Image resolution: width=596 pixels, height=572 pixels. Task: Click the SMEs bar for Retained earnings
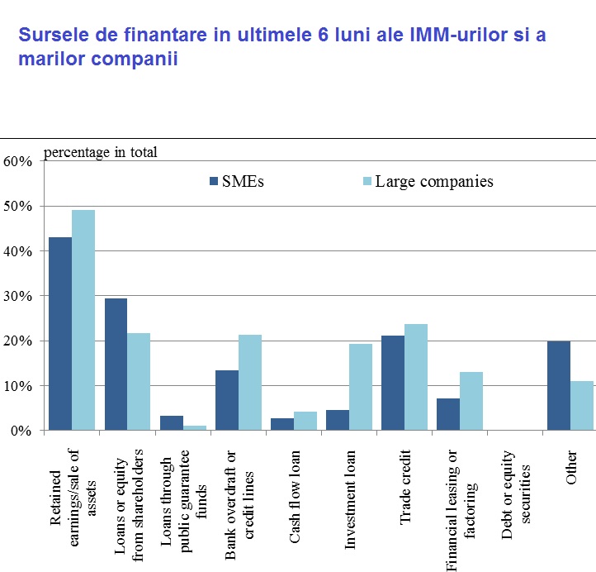pos(60,334)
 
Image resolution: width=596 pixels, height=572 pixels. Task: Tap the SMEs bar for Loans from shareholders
pos(116,365)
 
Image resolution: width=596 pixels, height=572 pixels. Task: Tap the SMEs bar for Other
pos(559,385)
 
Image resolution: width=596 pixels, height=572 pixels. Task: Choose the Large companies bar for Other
pos(582,406)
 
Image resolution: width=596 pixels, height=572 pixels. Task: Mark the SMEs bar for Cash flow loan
pos(282,424)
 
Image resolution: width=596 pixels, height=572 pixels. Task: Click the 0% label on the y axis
pos(21,431)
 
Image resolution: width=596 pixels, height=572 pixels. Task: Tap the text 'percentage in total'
pos(100,151)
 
